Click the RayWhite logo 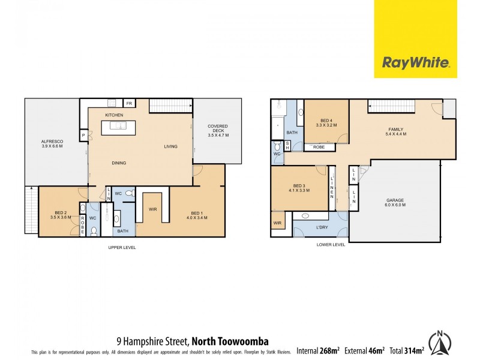(x=415, y=62)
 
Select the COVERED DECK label (x=218, y=129)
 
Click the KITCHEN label (x=114, y=115)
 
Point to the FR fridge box (x=128, y=103)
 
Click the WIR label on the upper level (x=153, y=208)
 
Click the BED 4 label (x=325, y=122)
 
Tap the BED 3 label (x=299, y=187)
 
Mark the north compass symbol (x=441, y=343)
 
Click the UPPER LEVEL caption (x=122, y=247)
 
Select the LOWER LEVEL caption (x=331, y=245)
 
